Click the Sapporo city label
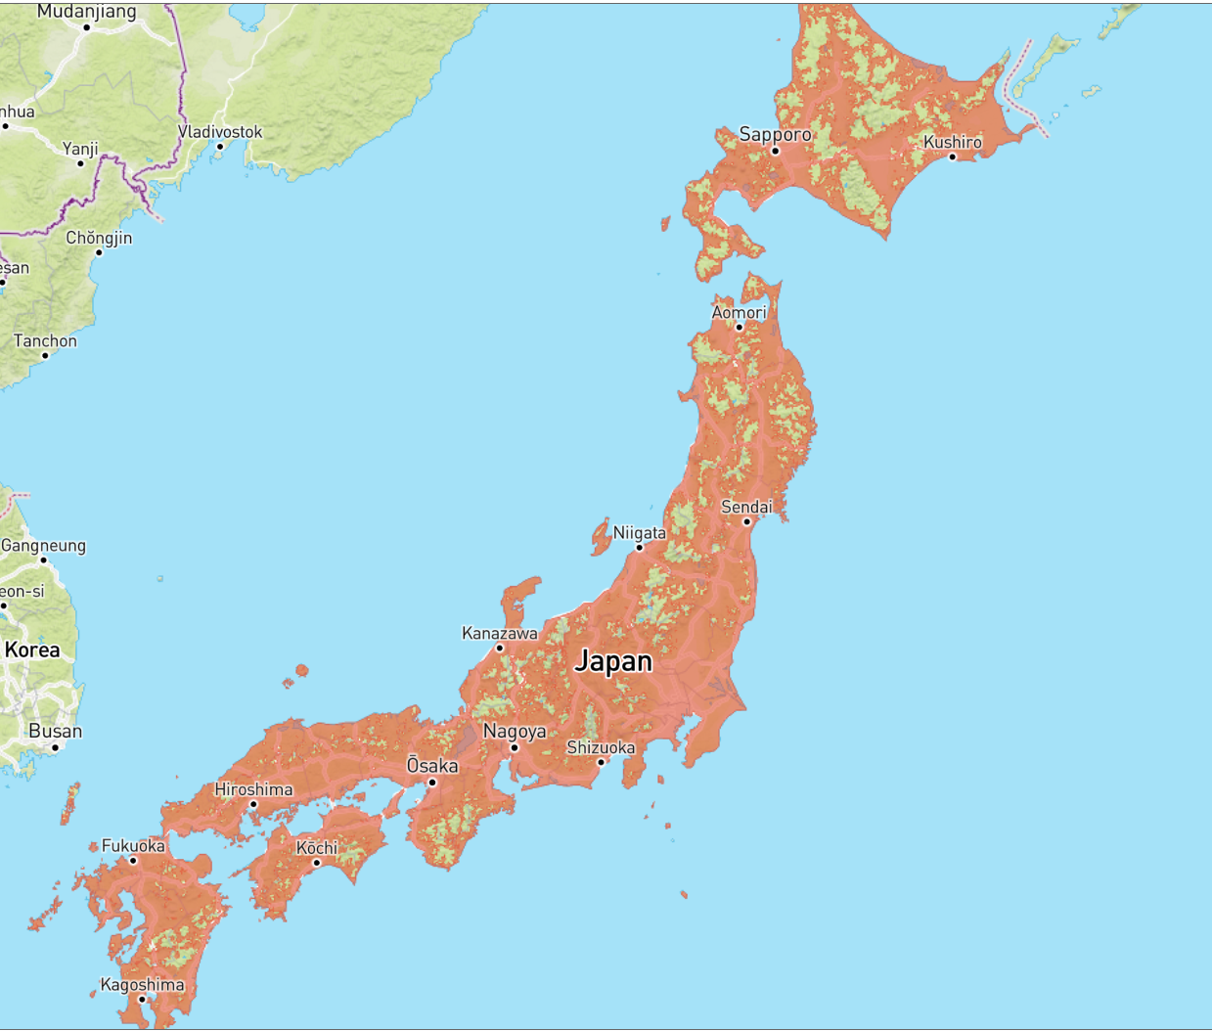[775, 134]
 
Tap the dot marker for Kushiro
[952, 157]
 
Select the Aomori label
[739, 312]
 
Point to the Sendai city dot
[746, 521]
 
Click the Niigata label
[639, 533]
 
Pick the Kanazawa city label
[499, 633]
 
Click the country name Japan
[613, 661]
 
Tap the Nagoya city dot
[515, 747]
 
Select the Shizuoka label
[601, 747]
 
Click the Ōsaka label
[432, 765]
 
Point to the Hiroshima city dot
[253, 804]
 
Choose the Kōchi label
[317, 847]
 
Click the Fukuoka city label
[133, 845]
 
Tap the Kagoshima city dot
[142, 999]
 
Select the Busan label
[56, 731]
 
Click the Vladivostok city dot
[220, 147]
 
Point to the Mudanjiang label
[87, 12]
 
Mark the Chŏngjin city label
[99, 238]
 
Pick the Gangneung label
[43, 545]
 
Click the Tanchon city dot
[45, 355]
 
